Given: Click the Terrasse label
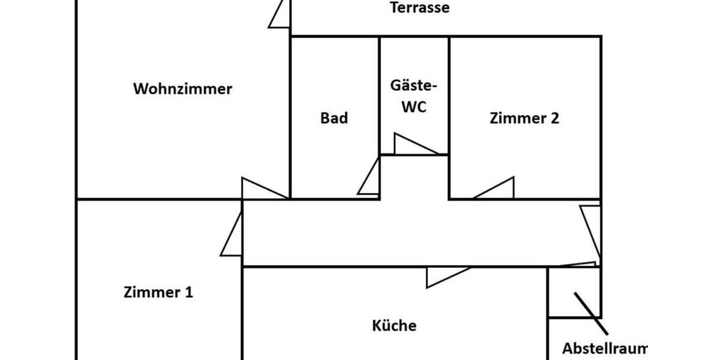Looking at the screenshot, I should [x=419, y=8].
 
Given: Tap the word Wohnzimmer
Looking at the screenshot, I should [x=182, y=89].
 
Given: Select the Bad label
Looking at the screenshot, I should [x=334, y=118].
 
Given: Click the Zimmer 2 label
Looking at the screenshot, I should [x=524, y=118].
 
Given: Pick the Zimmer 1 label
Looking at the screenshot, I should [x=158, y=293].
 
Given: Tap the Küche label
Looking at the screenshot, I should [x=394, y=326].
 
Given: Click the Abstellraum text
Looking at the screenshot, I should [x=605, y=349].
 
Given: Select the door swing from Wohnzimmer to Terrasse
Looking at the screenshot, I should [x=280, y=15].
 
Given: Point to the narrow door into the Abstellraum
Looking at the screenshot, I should [x=577, y=264].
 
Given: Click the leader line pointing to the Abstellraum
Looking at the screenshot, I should [x=591, y=313].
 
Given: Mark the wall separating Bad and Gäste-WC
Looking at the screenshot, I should [x=379, y=96].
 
